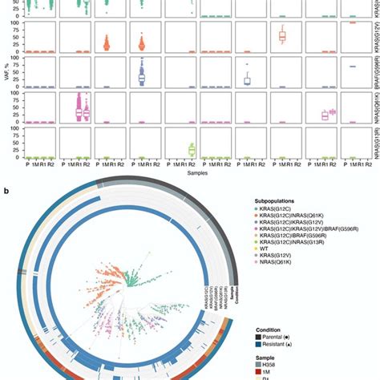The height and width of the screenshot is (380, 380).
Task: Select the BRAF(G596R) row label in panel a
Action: click(x=374, y=70)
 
